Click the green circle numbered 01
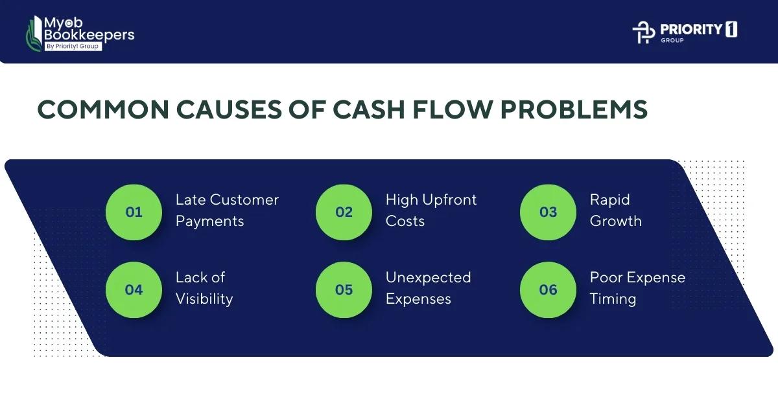point(134,212)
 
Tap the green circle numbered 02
point(344,212)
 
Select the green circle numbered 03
point(548,212)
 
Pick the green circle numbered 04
point(134,289)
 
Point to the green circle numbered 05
point(344,289)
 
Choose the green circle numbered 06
point(548,289)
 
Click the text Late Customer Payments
point(226,210)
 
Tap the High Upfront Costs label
point(430,210)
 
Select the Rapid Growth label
point(615,210)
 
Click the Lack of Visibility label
point(204,288)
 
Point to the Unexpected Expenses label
point(428,288)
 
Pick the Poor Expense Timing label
point(637,288)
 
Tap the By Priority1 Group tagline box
point(73,46)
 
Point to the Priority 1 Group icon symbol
point(643,32)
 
